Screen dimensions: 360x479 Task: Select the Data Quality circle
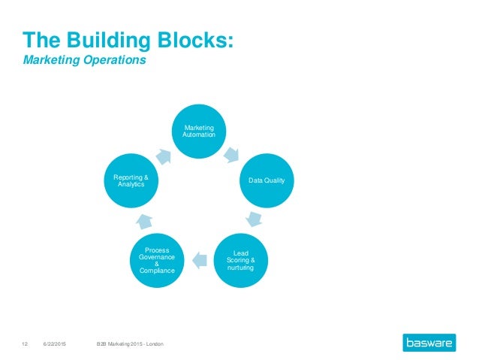tap(267, 180)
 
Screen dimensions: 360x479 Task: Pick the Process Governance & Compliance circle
tap(157, 260)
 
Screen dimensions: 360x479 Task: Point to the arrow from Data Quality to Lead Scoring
tap(254, 219)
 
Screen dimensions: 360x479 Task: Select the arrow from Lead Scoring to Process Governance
tap(199, 261)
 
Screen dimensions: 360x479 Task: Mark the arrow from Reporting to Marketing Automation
tap(165, 154)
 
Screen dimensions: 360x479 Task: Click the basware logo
tap(431, 343)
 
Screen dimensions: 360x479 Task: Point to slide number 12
tap(24, 343)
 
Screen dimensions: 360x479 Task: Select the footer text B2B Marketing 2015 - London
tap(129, 343)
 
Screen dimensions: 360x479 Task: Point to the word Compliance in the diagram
tap(157, 271)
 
